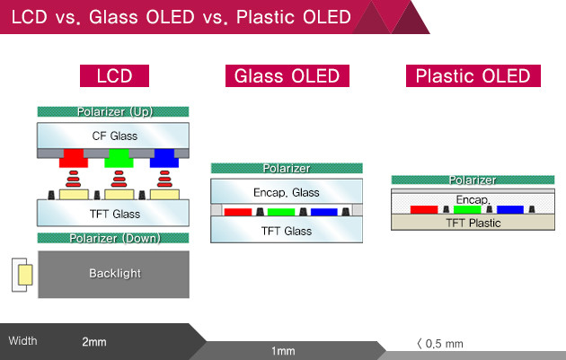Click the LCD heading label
[113, 76]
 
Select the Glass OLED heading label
[287, 76]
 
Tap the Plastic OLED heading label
[472, 76]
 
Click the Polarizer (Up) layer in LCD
[113, 112]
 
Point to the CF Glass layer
[113, 136]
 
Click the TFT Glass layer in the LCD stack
[113, 213]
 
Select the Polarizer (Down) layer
[113, 237]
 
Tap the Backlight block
[113, 273]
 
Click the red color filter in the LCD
[71, 160]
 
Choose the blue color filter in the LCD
[164, 160]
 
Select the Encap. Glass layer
[287, 192]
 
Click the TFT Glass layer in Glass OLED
[287, 230]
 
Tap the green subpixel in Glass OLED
[281, 212]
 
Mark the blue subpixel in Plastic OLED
[509, 209]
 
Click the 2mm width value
[93, 341]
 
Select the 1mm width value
[283, 351]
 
